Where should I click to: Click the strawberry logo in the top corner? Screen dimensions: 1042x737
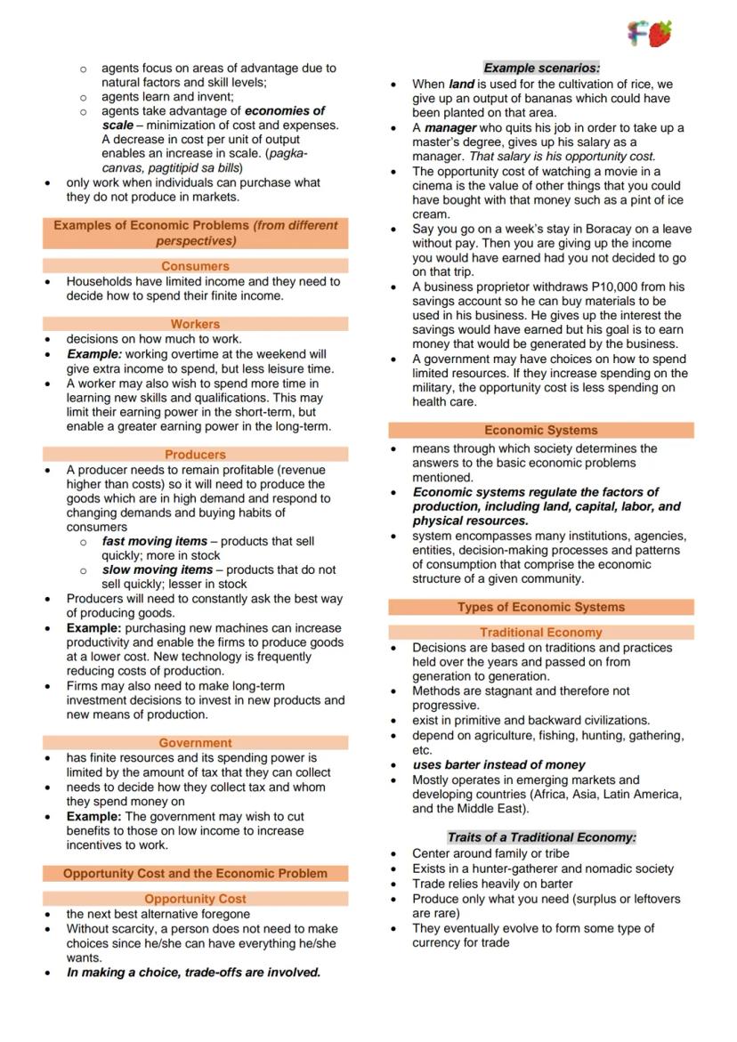659,34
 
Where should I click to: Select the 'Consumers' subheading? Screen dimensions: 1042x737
195,266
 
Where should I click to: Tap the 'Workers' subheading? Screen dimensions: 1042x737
195,324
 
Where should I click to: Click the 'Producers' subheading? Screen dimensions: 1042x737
195,455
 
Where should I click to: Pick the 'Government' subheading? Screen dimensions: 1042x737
195,743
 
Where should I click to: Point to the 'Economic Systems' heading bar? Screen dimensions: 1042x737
540,431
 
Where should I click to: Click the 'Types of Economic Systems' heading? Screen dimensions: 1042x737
540,608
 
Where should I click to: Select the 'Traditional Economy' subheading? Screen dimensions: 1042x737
540,633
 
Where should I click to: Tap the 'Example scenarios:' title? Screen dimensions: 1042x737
541,68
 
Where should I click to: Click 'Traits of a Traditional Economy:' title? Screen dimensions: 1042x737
541,837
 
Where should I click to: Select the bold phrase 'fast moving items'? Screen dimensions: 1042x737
154,541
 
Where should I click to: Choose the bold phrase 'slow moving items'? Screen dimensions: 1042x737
158,569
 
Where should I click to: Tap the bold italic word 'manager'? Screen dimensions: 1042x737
450,127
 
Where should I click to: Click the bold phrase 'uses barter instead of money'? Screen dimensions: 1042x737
498,764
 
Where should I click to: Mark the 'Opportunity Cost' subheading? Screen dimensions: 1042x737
195,899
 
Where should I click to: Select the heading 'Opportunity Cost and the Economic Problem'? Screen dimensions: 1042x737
195,874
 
